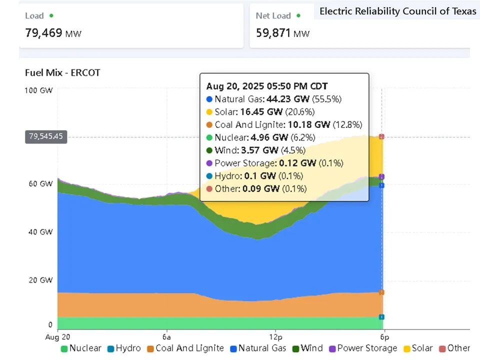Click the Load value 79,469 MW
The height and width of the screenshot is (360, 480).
pos(53,33)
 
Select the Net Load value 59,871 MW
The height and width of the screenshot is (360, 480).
pos(282,33)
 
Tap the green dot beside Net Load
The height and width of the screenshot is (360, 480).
pos(298,15)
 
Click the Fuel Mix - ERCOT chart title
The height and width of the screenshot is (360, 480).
pos(62,72)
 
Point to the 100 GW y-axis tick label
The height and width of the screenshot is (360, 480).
pos(38,90)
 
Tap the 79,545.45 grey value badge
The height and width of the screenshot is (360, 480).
pos(46,136)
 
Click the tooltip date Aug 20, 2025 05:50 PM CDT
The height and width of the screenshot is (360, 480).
pos(267,86)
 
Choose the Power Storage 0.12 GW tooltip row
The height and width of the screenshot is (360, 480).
pos(274,163)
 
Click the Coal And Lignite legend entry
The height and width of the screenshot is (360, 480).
pos(184,348)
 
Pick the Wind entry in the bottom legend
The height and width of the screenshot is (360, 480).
pos(306,348)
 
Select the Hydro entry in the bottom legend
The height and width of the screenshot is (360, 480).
pos(124,348)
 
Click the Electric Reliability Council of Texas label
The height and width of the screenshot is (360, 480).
pos(398,11)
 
